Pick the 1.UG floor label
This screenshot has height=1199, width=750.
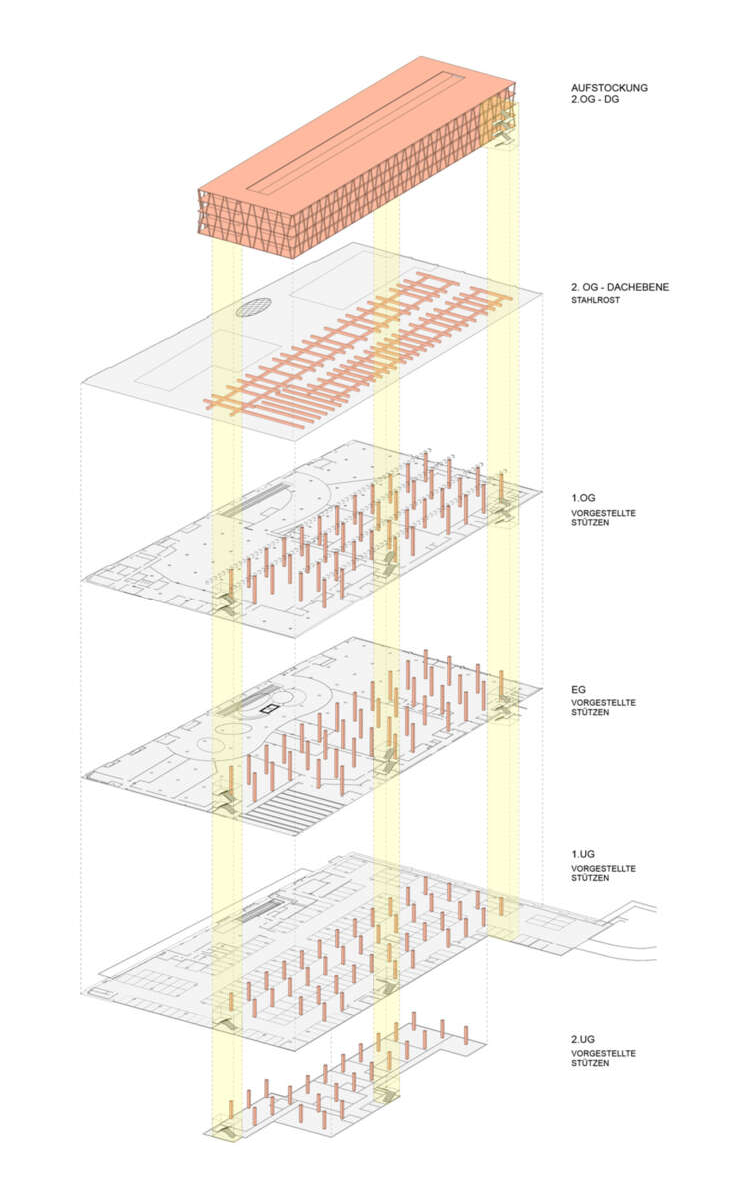(582, 856)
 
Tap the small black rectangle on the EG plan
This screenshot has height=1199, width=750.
(267, 708)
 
